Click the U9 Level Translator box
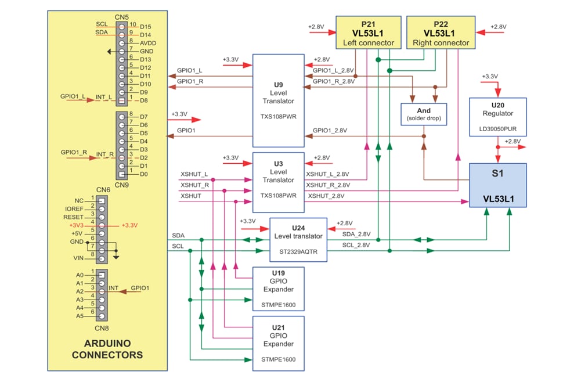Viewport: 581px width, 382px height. (x=278, y=100)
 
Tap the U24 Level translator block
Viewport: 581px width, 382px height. (x=298, y=239)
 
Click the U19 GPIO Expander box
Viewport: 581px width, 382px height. (x=278, y=288)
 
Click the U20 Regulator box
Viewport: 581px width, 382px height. (x=497, y=117)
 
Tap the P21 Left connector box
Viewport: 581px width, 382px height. (x=368, y=33)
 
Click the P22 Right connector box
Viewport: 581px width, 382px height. (x=439, y=33)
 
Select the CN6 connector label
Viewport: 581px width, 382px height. (x=103, y=190)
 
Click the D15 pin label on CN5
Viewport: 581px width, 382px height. (x=145, y=27)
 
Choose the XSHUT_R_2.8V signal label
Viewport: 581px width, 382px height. (x=328, y=185)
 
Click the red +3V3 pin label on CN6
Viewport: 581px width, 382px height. (x=77, y=224)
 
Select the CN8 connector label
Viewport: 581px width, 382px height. (x=103, y=327)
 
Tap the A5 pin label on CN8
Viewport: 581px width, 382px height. (x=79, y=316)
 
